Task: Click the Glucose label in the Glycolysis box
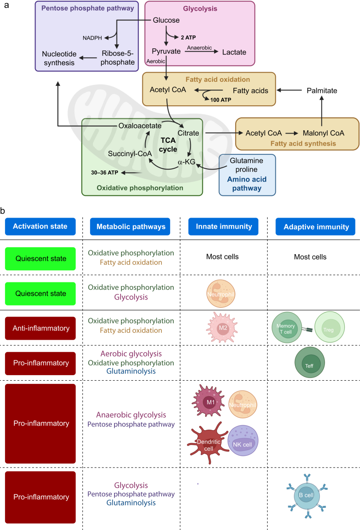click(x=166, y=20)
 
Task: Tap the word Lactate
click(x=234, y=52)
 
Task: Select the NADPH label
click(x=92, y=38)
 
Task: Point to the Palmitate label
click(x=322, y=91)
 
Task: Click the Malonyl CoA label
click(x=323, y=133)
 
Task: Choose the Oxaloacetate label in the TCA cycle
click(x=140, y=126)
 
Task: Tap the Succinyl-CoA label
click(x=130, y=154)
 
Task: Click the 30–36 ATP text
click(x=104, y=172)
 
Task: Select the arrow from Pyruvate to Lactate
click(x=202, y=52)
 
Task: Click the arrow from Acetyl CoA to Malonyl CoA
click(x=292, y=133)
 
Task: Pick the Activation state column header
click(x=40, y=226)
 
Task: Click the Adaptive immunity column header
click(x=315, y=227)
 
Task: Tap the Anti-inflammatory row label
click(x=40, y=328)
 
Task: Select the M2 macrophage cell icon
click(x=222, y=328)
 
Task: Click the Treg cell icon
click(x=329, y=327)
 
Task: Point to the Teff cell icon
click(x=310, y=363)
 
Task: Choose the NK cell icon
click(x=243, y=440)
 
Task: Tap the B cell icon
click(x=307, y=496)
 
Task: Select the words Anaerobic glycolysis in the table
click(x=131, y=415)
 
